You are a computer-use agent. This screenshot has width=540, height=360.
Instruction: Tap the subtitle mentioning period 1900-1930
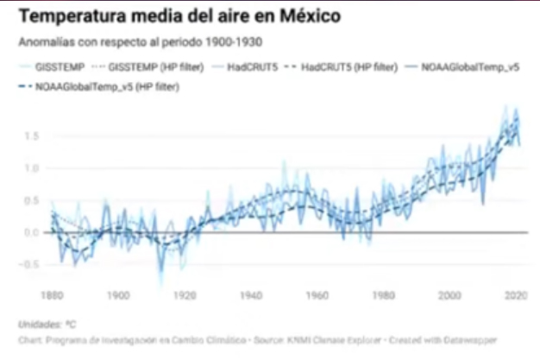140,41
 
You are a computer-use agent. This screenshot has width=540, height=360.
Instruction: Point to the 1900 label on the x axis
118,295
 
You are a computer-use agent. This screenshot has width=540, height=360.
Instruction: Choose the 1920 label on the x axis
185,295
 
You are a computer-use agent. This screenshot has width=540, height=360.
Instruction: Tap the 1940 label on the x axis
251,295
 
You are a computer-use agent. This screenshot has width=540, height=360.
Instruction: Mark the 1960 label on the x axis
317,295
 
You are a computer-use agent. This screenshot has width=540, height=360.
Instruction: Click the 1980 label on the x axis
384,295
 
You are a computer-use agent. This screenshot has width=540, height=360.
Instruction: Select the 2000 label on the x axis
450,295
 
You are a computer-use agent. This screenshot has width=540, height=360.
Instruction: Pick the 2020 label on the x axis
516,295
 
